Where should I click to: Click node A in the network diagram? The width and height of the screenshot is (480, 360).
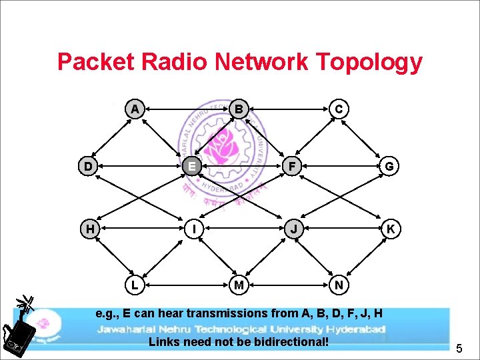[135, 108]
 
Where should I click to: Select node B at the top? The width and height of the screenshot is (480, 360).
[239, 108]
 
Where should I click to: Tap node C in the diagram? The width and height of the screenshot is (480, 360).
[339, 108]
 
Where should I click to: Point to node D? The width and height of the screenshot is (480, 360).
[88, 165]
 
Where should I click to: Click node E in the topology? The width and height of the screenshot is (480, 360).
[191, 165]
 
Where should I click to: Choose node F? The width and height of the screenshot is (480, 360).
[291, 165]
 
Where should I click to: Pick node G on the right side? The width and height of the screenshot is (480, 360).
[391, 165]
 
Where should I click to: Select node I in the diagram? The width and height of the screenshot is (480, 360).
[191, 229]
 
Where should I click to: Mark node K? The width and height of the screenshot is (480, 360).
[391, 229]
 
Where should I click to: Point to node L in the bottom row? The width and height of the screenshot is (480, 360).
[135, 285]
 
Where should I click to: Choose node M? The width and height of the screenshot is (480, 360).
[237, 285]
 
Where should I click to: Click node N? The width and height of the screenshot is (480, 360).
[339, 285]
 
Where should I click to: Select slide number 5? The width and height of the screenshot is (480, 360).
[459, 347]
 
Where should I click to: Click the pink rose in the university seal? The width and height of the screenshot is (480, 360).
[222, 145]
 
